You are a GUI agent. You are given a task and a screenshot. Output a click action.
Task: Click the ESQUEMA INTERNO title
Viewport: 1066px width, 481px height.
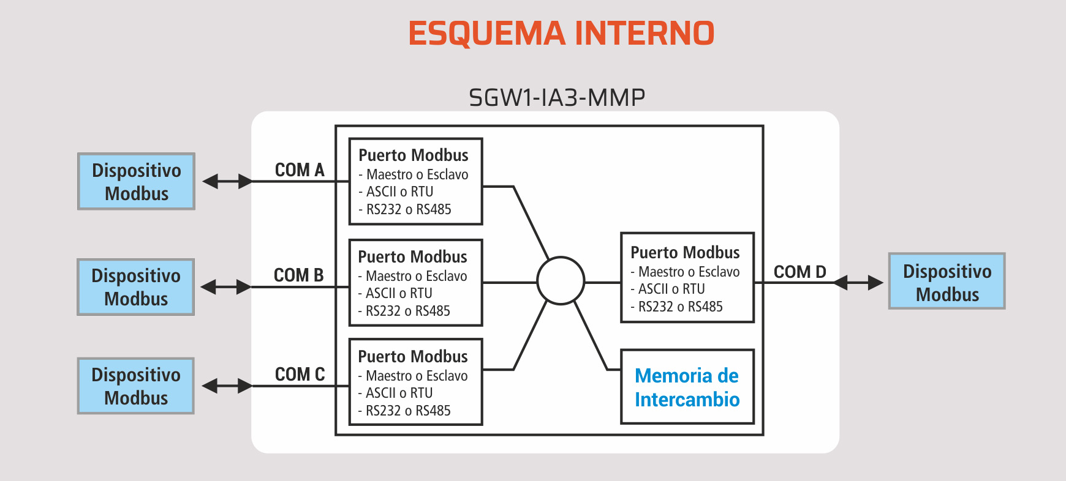pyautogui.click(x=561, y=33)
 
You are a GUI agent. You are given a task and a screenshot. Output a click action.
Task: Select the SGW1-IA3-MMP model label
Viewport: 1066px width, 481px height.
pyautogui.click(x=556, y=97)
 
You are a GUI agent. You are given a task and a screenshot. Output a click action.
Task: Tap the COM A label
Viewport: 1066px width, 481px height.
pyautogui.click(x=300, y=170)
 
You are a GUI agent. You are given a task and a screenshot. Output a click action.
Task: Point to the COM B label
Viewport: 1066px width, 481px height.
pyautogui.click(x=298, y=275)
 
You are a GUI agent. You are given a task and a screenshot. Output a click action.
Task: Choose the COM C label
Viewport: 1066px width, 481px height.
pyautogui.click(x=300, y=374)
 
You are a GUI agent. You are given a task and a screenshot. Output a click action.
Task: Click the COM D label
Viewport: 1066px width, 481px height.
pyautogui.click(x=799, y=272)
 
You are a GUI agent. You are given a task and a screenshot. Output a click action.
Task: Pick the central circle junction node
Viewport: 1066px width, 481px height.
pyautogui.click(x=561, y=281)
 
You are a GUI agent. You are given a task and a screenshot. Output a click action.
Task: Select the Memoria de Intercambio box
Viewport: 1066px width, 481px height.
pyautogui.click(x=687, y=387)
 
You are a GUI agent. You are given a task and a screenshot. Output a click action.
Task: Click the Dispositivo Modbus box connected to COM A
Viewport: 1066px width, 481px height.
pyautogui.click(x=136, y=181)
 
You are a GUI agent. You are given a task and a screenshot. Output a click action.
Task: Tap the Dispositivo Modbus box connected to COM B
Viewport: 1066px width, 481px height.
pyautogui.click(x=135, y=287)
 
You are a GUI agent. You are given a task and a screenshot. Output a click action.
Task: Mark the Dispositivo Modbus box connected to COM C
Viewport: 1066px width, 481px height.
pyautogui.click(x=135, y=386)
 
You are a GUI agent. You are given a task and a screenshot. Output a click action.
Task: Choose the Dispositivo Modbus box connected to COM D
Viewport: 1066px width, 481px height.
pyautogui.click(x=947, y=281)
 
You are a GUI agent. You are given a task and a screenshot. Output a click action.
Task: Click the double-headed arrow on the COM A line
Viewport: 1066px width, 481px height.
pyautogui.click(x=227, y=181)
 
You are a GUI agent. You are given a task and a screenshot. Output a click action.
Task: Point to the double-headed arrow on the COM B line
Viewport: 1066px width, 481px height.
pyautogui.click(x=226, y=286)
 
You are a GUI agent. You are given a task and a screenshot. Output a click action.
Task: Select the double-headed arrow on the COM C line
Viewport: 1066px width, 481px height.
pyautogui.click(x=227, y=386)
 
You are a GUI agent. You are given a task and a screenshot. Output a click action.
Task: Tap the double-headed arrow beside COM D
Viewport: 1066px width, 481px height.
pyautogui.click(x=858, y=282)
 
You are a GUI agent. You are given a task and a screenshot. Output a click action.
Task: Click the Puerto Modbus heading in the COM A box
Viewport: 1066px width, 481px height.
pyautogui.click(x=413, y=155)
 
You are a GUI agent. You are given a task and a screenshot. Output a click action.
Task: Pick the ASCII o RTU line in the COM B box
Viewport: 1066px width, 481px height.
pyautogui.click(x=399, y=293)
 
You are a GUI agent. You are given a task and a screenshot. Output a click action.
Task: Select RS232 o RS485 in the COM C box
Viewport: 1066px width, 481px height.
pyautogui.click(x=407, y=411)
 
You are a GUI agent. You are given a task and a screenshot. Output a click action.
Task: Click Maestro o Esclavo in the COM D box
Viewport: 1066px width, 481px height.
pyautogui.click(x=689, y=272)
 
